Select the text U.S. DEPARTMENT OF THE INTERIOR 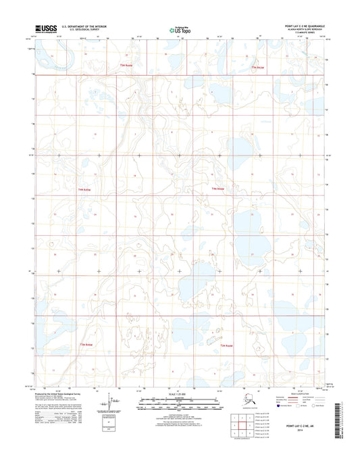click(x=82, y=26)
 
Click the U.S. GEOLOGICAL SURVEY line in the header click(x=78, y=30)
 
